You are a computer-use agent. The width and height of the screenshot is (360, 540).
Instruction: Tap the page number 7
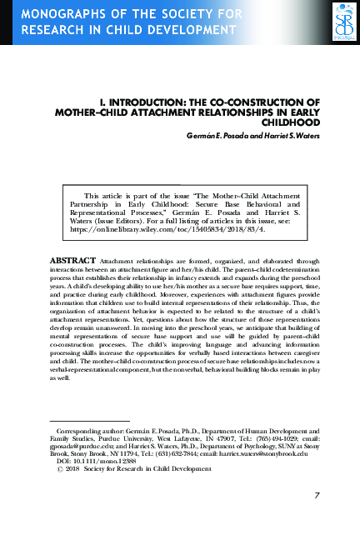[x=317, y=496]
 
